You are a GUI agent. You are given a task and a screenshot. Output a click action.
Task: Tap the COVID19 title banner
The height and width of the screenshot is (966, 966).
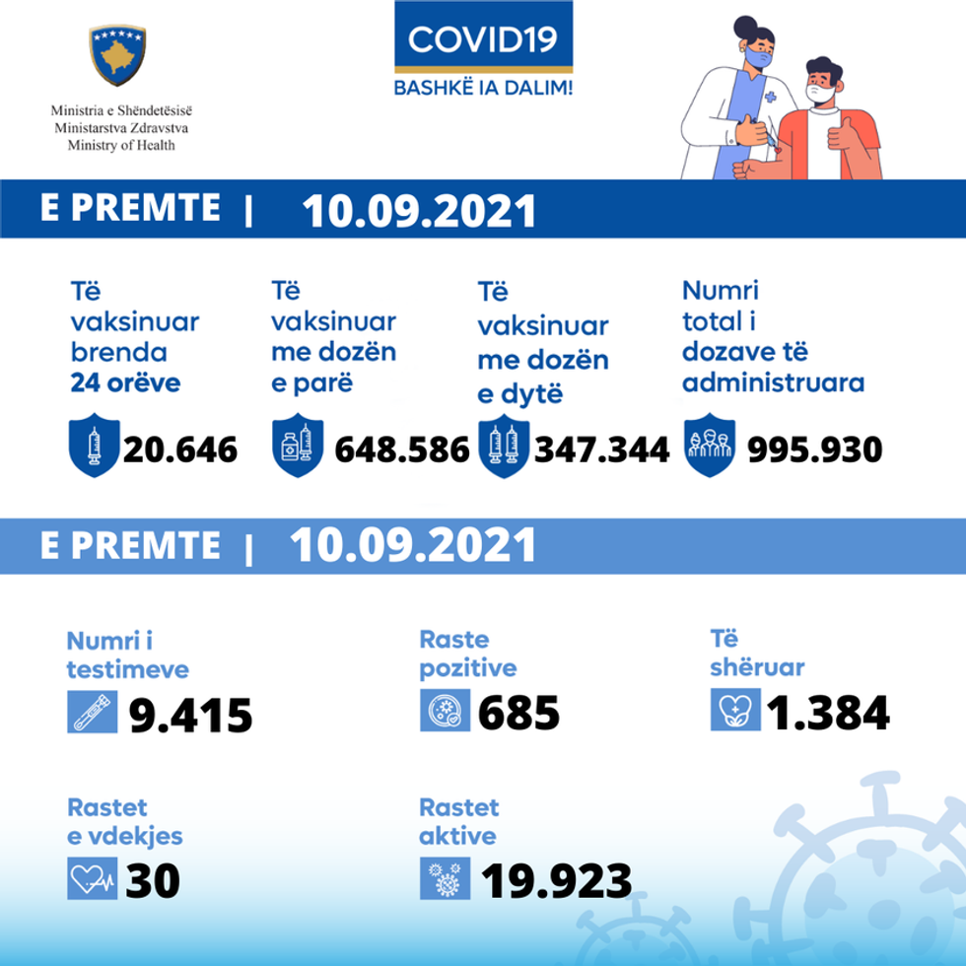(x=483, y=39)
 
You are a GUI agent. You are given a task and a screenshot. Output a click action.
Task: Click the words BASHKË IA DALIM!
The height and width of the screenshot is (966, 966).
(x=483, y=87)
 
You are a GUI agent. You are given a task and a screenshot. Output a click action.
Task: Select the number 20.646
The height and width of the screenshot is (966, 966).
(x=180, y=449)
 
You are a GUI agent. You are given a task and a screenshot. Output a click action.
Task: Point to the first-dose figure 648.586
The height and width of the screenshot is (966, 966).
(x=402, y=449)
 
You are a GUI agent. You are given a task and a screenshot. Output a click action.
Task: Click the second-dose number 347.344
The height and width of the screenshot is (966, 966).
(x=601, y=449)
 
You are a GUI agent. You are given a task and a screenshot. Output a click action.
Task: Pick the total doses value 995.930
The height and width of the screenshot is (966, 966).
(x=814, y=449)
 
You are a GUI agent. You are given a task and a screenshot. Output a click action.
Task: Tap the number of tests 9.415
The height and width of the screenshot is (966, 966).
(x=191, y=716)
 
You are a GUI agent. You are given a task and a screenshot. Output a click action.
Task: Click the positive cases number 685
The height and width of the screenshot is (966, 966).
(x=518, y=713)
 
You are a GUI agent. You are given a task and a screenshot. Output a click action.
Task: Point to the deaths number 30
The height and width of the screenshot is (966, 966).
(x=153, y=880)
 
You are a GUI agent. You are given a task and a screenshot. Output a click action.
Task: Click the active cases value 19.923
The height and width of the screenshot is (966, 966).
(x=556, y=880)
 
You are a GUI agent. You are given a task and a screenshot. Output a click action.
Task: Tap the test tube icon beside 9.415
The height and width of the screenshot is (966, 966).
(x=92, y=712)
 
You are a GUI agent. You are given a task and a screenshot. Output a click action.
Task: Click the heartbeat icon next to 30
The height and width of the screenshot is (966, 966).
(x=92, y=878)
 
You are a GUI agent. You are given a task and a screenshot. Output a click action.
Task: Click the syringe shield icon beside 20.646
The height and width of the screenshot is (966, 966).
(x=94, y=447)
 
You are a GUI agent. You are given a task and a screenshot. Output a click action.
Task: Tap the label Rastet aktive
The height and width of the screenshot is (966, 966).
(x=459, y=822)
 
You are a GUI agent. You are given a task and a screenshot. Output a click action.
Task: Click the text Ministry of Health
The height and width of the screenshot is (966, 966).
(x=120, y=145)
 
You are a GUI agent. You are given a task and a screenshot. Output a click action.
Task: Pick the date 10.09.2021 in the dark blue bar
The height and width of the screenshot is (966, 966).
(x=419, y=211)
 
